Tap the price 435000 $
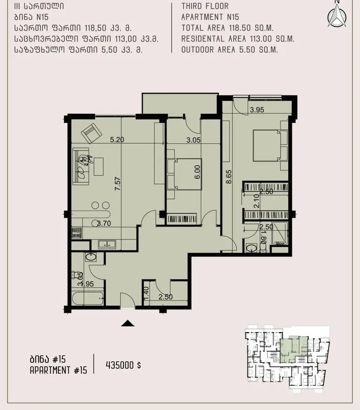[x=123, y=365]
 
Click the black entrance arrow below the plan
[x=128, y=323]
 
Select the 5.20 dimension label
[x=117, y=140]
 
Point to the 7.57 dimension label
[x=118, y=184]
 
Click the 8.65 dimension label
[x=229, y=177]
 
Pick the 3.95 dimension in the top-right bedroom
[x=257, y=110]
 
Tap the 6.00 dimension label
[x=197, y=172]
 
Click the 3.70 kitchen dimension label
[x=104, y=224]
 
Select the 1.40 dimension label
[x=146, y=293]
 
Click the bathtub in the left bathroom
[x=87, y=298]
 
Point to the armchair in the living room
[x=91, y=133]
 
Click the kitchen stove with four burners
[x=77, y=233]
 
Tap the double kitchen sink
[x=107, y=244]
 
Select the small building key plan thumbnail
[x=287, y=358]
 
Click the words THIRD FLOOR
[x=205, y=6]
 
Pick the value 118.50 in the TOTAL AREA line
[x=240, y=28]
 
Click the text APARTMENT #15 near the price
[x=58, y=370]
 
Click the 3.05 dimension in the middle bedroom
[x=194, y=140]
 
